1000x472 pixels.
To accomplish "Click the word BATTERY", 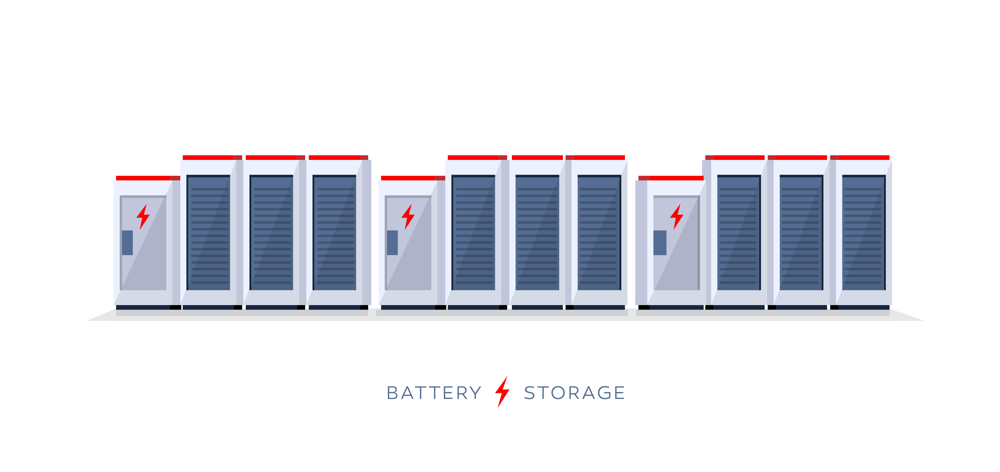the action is (434, 393).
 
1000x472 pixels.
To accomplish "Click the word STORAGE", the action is (574, 393).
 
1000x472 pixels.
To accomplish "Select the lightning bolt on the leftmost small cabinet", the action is (143, 217).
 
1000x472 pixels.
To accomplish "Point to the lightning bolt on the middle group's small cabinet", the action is (407, 217).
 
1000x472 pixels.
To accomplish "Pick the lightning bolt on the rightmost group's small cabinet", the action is (677, 217).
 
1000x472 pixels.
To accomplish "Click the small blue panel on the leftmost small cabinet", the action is (127, 243).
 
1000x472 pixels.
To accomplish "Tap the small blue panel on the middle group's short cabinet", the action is (392, 243).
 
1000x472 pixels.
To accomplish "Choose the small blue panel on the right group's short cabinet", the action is (659, 243).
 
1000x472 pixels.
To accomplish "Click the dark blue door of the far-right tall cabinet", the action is (864, 233).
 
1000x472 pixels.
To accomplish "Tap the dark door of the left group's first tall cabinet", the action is (208, 233).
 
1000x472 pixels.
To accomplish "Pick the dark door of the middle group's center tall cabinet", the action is (537, 233).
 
